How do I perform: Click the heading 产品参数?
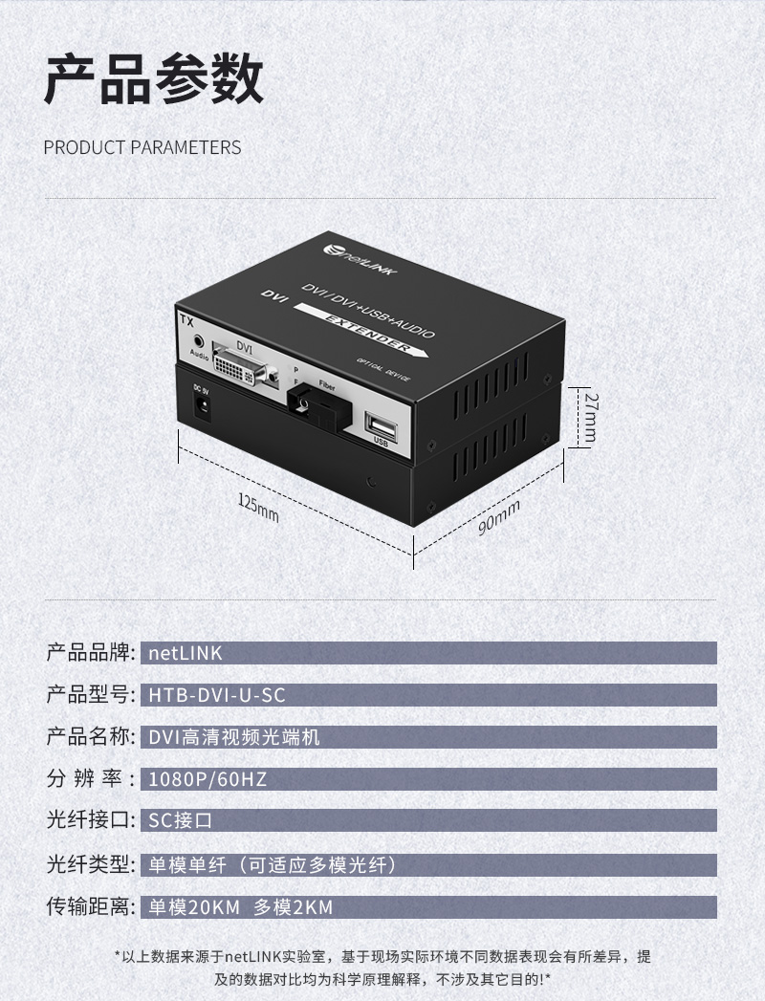point(153,78)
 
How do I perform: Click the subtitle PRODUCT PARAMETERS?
point(142,147)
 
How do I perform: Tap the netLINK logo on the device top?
point(360,258)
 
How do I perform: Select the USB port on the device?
point(381,425)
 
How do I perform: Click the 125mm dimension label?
point(258,509)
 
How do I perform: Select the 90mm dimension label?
point(499,518)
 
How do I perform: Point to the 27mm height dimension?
point(590,417)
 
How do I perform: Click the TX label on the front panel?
point(186,320)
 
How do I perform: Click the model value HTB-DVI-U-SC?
point(216,695)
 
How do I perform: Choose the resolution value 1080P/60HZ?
point(208,779)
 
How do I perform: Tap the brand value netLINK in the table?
point(186,653)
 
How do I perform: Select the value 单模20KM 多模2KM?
point(241,907)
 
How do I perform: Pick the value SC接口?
point(180,820)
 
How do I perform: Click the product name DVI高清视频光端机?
point(233,737)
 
